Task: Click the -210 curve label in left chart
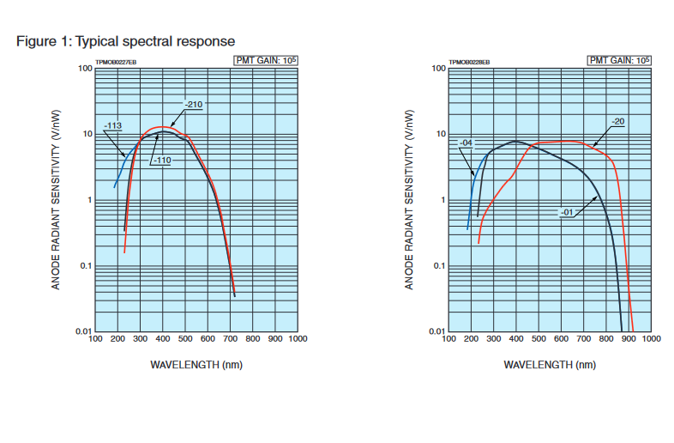point(192,105)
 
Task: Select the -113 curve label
point(112,126)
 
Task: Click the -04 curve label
point(466,143)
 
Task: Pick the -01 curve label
point(567,210)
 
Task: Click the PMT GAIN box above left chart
point(265,60)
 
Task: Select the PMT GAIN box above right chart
point(618,60)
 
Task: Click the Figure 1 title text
point(125,41)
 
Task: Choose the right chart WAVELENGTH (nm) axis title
point(550,364)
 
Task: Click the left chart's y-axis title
point(56,199)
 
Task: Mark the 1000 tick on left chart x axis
point(298,339)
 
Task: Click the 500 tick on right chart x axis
point(539,339)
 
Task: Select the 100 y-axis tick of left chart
point(85,69)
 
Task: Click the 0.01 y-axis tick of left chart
point(83,331)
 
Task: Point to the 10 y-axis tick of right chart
point(441,135)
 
